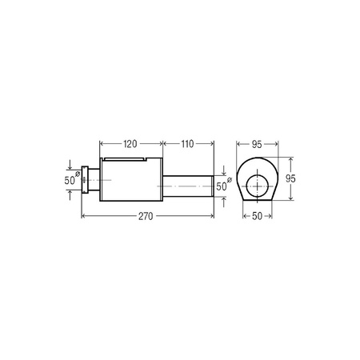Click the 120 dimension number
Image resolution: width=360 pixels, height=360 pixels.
130,144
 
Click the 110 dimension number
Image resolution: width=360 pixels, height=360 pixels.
187,144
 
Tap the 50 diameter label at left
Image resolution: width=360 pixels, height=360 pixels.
69,181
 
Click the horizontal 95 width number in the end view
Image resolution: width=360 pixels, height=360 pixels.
257,144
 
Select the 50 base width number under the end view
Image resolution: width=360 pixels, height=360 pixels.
257,216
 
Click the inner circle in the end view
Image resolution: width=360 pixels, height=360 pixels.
257,186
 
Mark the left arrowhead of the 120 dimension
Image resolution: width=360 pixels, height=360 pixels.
100,144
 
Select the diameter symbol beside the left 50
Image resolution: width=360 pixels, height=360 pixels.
77,174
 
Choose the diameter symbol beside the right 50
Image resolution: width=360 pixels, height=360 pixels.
230,180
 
